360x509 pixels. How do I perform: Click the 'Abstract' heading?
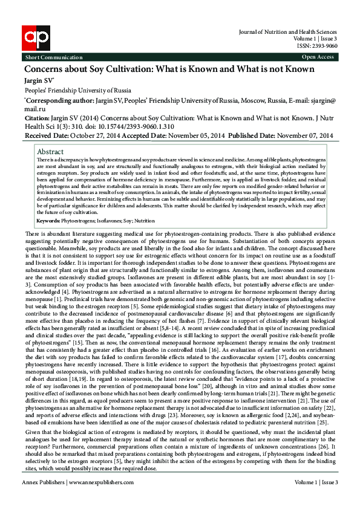pos(50,151)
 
